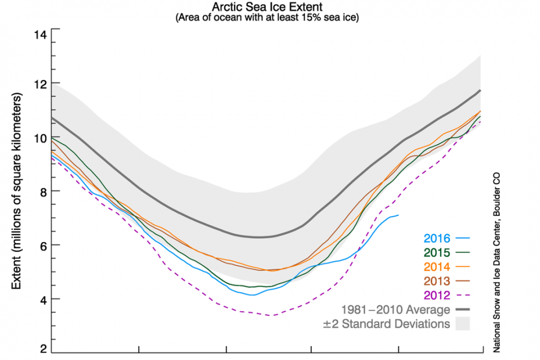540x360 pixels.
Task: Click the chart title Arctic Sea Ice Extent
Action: (x=270, y=8)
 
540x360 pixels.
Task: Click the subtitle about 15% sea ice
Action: (x=270, y=18)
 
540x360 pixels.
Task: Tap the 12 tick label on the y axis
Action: (x=39, y=84)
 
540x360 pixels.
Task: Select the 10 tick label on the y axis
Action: (x=39, y=138)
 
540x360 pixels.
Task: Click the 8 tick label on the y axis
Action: (x=42, y=192)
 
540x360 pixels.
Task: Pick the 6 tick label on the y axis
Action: (x=42, y=245)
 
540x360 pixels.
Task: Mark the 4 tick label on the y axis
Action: (x=42, y=299)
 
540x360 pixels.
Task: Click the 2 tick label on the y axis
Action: (x=42, y=349)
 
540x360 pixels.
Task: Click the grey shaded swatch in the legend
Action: (x=462, y=324)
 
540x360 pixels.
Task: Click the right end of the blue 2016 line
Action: (x=399, y=215)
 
